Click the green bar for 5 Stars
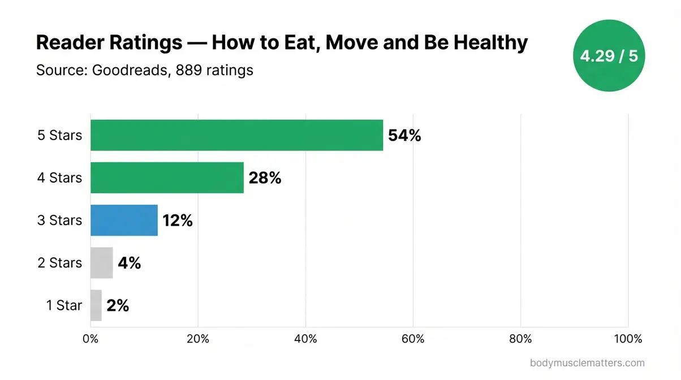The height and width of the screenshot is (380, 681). point(236,135)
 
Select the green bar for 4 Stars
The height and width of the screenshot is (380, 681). point(167,178)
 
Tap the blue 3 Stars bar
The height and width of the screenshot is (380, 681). point(124,220)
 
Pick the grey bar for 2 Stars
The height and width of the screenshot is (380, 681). point(102,262)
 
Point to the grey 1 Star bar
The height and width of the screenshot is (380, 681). point(96,305)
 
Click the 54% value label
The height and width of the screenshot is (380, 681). point(404,136)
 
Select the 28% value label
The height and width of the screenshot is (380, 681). point(265,178)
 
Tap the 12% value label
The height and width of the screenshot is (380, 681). point(178,221)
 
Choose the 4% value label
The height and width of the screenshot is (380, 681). point(129,263)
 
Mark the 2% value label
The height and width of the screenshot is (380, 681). point(118,306)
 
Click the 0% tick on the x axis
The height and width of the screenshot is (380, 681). point(90,339)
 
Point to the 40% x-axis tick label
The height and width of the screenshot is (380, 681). point(305,339)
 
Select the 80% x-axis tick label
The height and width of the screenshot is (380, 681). point(520,339)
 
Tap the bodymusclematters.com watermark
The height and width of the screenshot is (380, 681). point(588,363)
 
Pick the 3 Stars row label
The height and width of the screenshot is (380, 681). point(59,220)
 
